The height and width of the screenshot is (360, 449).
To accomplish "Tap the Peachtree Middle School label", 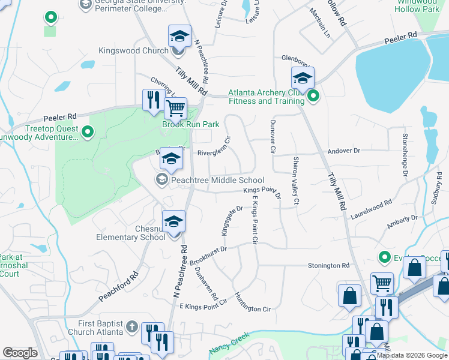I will [217, 180].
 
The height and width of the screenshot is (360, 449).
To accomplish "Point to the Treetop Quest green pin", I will [88, 131].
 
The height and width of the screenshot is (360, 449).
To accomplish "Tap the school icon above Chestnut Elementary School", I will [173, 222].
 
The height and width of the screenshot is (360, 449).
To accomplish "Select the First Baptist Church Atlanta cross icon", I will [133, 328].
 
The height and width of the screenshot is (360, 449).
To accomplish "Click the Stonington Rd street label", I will [328, 265].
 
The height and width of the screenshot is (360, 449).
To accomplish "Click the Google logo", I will [20, 353].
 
